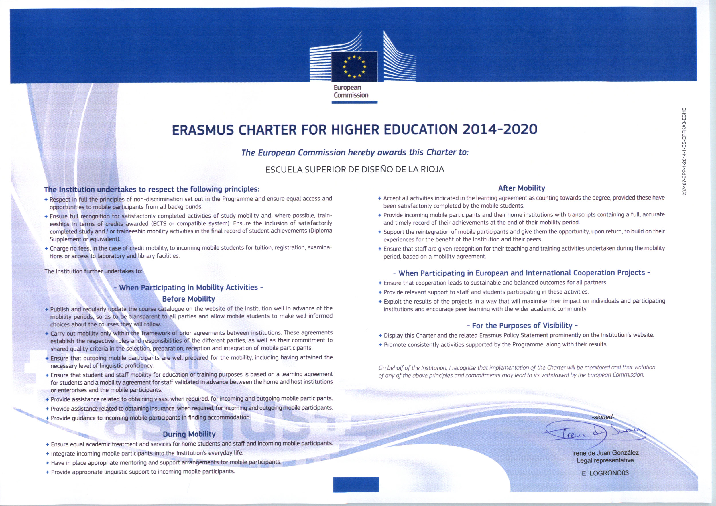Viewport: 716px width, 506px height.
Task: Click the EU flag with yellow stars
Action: click(x=354, y=67)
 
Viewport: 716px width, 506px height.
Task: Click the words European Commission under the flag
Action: click(x=351, y=91)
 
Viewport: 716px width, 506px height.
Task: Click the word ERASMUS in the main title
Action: click(x=203, y=130)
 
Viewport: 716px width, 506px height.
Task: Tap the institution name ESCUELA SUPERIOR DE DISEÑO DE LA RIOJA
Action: click(x=355, y=170)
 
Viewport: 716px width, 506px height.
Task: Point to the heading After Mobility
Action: click(x=522, y=188)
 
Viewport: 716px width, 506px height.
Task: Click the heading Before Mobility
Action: click(x=188, y=299)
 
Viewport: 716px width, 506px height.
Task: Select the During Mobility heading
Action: click(x=189, y=434)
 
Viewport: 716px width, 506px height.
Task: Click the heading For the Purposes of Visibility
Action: click(x=522, y=326)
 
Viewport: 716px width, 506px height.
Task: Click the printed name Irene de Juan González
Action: click(x=605, y=453)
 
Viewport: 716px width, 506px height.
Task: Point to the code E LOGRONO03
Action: click(x=605, y=473)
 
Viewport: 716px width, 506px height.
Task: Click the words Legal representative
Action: click(x=605, y=460)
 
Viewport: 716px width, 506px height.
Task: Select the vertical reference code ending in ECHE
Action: click(x=684, y=151)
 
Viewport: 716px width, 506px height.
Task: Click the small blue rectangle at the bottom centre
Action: click(x=356, y=485)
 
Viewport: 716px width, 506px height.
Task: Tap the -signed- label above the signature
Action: click(x=603, y=417)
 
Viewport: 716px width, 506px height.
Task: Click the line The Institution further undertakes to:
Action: click(x=93, y=271)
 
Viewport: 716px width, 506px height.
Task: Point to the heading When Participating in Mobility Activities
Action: click(x=188, y=287)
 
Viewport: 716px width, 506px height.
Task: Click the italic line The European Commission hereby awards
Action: click(x=355, y=152)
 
